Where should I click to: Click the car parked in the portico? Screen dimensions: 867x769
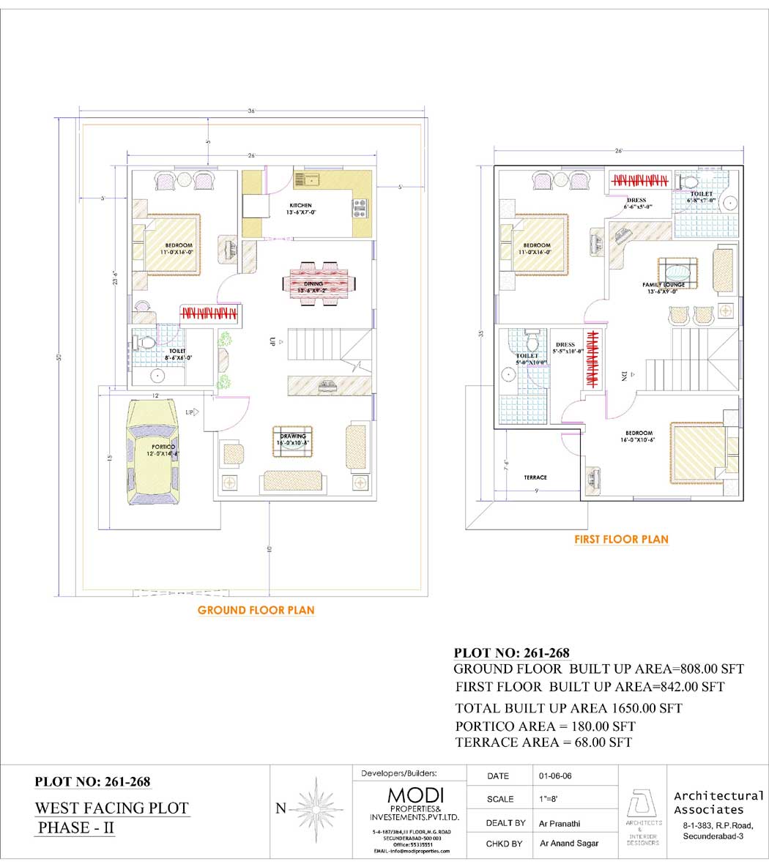click(152, 452)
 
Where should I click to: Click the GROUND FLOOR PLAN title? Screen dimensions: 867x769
click(256, 610)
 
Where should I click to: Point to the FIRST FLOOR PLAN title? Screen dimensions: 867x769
click(621, 539)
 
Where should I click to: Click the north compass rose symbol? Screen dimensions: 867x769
click(316, 808)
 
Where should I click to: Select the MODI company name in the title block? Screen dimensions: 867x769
click(415, 795)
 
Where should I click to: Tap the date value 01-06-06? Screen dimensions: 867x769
click(554, 775)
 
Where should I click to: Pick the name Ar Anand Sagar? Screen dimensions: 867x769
click(569, 844)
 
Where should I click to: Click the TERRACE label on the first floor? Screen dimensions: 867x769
click(535, 477)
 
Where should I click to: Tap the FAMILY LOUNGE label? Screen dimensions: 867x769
click(664, 285)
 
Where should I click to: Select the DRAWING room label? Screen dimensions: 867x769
click(292, 436)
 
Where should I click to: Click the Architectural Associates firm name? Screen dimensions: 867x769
click(718, 803)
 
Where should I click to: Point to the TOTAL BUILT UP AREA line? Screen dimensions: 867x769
click(568, 708)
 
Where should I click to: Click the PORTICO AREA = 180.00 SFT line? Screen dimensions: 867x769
click(545, 726)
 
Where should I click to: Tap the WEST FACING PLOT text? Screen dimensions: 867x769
click(112, 808)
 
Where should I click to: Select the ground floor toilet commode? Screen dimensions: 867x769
click(148, 342)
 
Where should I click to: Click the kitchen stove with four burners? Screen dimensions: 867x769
click(359, 209)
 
